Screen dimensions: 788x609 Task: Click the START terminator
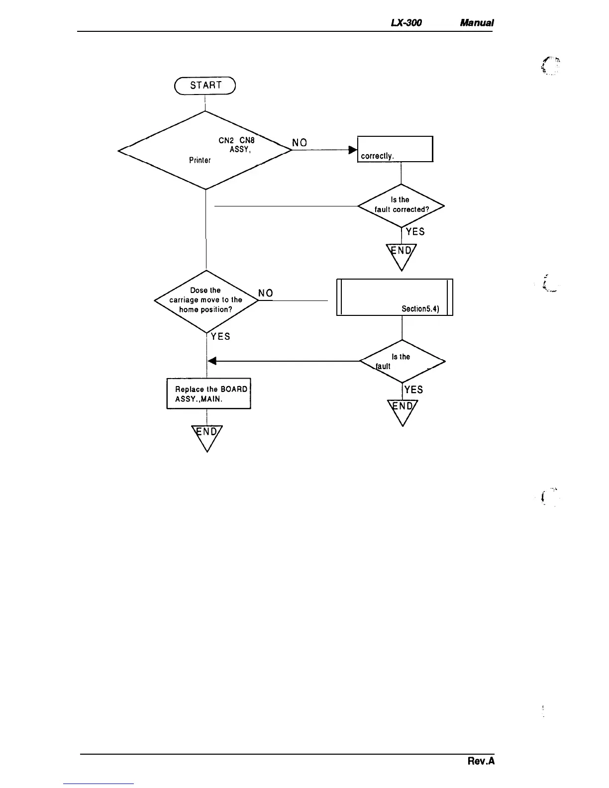click(204, 86)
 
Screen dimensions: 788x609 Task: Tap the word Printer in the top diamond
click(200, 160)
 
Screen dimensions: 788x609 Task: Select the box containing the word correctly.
click(395, 149)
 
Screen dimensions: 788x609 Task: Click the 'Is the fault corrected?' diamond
click(401, 205)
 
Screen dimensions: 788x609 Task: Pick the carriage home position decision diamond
click(206, 300)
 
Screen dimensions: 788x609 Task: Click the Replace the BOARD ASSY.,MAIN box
click(208, 394)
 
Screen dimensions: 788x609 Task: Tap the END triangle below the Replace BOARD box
click(207, 435)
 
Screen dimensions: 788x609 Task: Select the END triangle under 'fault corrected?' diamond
click(402, 254)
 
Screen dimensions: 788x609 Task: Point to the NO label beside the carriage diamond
click(266, 294)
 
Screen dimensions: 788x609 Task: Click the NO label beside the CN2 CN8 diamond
click(300, 143)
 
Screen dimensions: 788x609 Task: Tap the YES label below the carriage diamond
click(220, 337)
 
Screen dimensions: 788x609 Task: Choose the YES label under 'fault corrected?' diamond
click(415, 232)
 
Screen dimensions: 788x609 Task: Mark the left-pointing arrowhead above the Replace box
click(211, 361)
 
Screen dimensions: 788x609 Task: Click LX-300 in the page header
click(407, 23)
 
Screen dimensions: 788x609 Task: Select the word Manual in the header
click(477, 23)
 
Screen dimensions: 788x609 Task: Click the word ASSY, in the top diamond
click(239, 150)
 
